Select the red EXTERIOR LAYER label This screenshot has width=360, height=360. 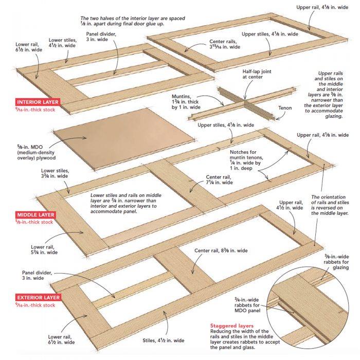[x=38, y=297]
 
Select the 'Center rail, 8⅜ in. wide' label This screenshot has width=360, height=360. [x=221, y=250]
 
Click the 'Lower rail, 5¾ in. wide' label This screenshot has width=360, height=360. [x=43, y=249]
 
